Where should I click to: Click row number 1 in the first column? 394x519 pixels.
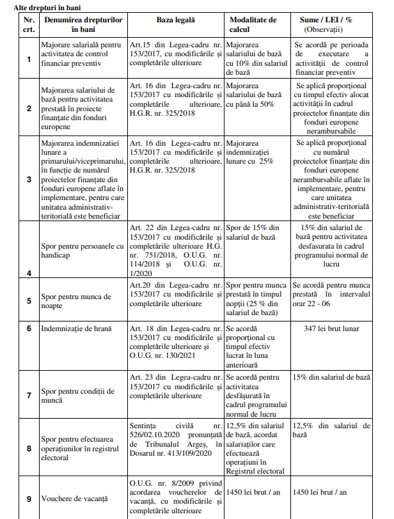[x=28, y=59]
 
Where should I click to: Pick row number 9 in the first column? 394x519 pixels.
[x=28, y=498]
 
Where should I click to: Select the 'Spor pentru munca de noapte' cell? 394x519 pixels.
[x=75, y=302]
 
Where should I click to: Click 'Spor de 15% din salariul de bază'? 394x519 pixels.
[x=253, y=232]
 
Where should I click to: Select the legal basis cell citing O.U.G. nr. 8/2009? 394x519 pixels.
[x=175, y=497]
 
